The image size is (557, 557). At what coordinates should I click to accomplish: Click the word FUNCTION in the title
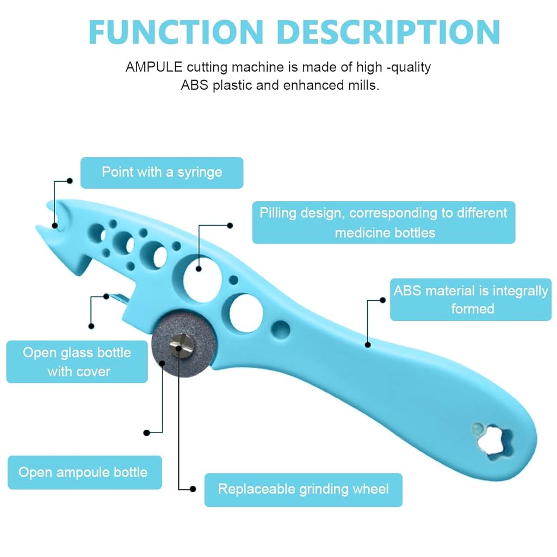click(176, 32)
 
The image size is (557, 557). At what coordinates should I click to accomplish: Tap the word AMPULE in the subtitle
click(154, 67)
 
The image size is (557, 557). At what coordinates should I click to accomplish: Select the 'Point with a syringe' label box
click(162, 172)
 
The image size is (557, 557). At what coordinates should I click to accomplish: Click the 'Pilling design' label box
click(383, 222)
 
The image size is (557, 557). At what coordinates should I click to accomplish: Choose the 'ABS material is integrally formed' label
click(471, 300)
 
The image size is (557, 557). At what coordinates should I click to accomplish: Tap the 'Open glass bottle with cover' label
click(77, 362)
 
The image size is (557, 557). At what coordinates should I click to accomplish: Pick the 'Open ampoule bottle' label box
click(85, 473)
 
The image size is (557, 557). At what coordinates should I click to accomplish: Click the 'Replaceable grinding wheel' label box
click(304, 490)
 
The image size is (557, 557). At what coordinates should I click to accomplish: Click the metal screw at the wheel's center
click(181, 344)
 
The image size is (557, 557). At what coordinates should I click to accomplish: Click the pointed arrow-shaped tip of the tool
click(36, 226)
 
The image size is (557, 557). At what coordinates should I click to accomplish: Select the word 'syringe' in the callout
click(200, 173)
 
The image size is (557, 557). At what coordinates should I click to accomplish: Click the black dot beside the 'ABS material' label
click(382, 300)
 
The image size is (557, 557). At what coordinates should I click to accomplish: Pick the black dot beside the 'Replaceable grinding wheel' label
click(193, 489)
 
